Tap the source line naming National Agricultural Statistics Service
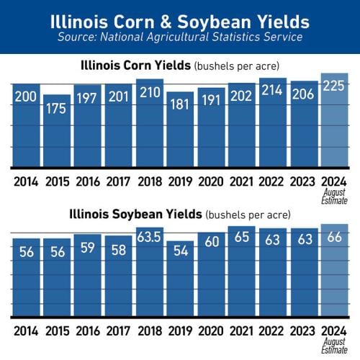(180, 36)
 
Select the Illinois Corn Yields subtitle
(179, 66)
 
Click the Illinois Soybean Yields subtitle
(179, 214)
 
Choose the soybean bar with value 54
(180, 281)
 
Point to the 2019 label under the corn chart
(180, 181)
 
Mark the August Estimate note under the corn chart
(333, 197)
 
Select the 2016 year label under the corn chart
(88, 181)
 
